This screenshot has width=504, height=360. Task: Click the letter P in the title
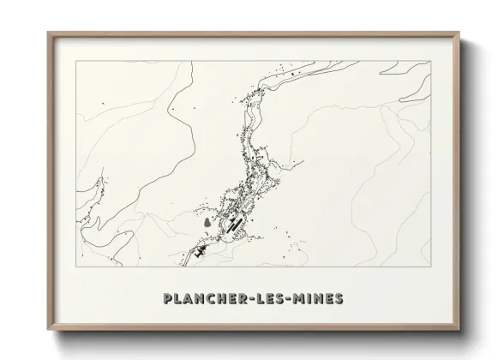[167, 299]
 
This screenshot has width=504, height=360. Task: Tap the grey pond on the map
[208, 225]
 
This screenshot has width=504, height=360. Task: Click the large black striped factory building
[236, 225]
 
